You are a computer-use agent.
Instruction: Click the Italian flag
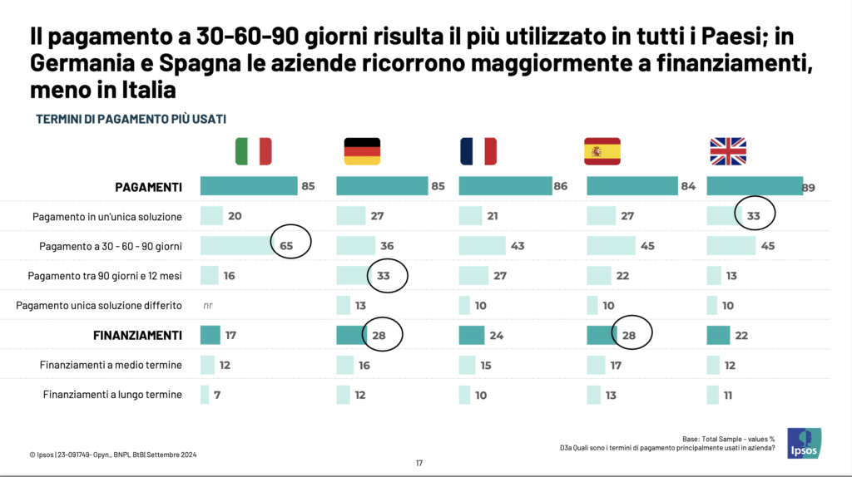click(x=254, y=151)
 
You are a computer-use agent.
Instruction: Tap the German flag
click(x=362, y=151)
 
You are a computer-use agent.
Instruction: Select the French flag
click(x=478, y=151)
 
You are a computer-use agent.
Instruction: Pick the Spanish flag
click(x=602, y=151)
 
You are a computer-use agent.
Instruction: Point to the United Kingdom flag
click(x=728, y=151)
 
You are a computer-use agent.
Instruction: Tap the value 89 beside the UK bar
click(x=808, y=188)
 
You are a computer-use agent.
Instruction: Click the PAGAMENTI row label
click(x=148, y=187)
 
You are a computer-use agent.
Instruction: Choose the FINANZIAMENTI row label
click(x=136, y=336)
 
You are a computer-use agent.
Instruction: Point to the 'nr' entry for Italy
click(x=208, y=306)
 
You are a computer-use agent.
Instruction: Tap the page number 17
click(x=420, y=463)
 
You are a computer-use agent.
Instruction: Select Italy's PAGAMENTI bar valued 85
click(x=249, y=186)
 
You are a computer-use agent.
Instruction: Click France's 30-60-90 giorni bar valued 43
click(x=482, y=246)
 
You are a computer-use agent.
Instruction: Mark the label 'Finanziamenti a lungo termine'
click(x=112, y=395)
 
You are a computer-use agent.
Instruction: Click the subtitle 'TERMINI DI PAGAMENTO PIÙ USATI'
click(x=131, y=119)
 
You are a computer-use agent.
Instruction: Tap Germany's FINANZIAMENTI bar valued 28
click(x=349, y=335)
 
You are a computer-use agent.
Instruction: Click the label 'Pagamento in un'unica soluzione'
click(x=107, y=217)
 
